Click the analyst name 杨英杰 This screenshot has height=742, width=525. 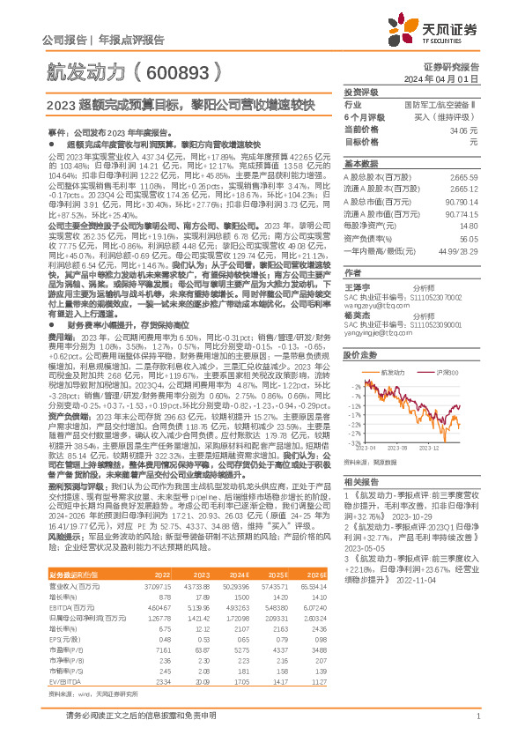pos(356,315)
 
